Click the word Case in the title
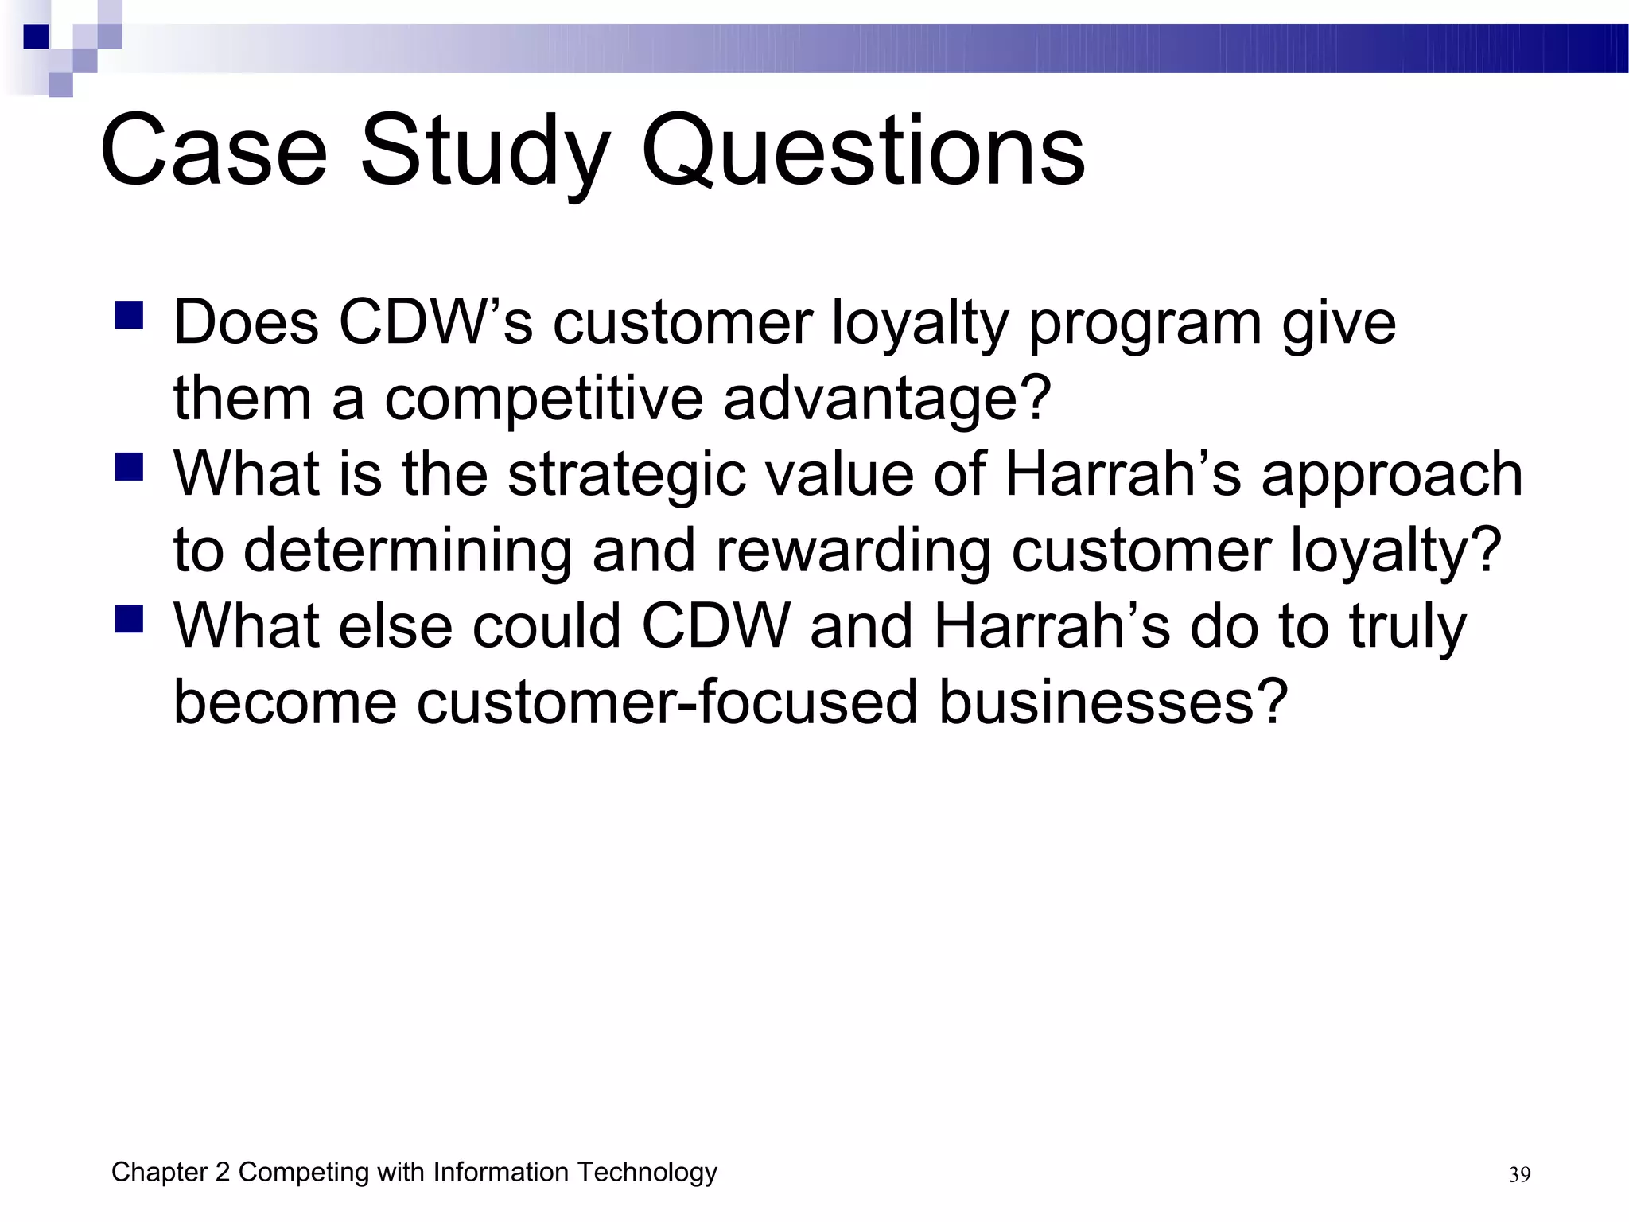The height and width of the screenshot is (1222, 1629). click(213, 151)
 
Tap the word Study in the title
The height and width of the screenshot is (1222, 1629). click(485, 151)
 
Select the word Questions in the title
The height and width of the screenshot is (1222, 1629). click(862, 151)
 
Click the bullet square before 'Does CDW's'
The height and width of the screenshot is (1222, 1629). click(129, 315)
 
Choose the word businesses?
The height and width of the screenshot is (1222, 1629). click(1113, 702)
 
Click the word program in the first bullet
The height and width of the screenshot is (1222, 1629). click(1145, 323)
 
